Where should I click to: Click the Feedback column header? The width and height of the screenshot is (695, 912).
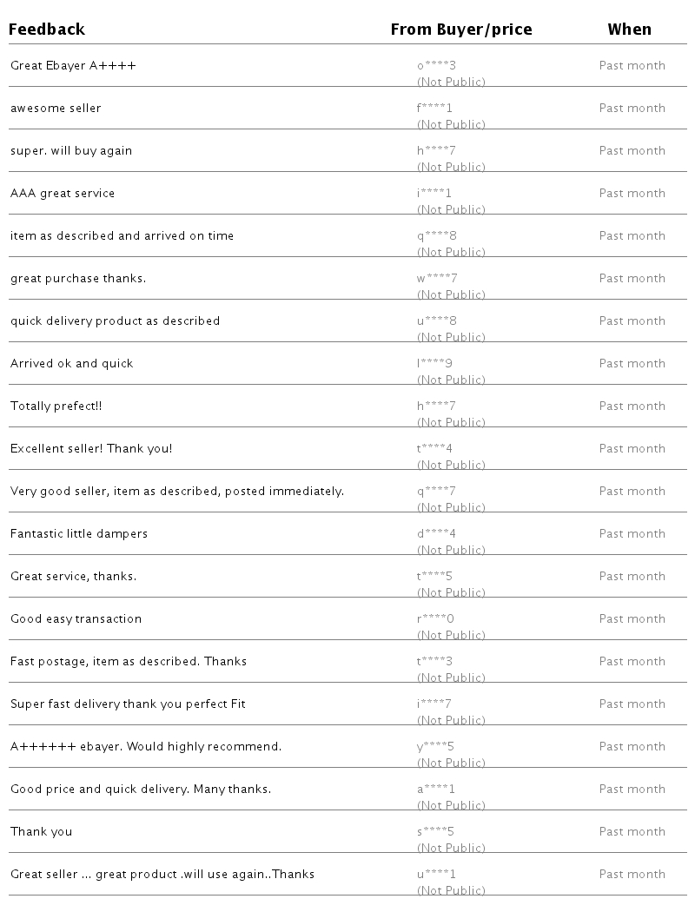click(x=47, y=30)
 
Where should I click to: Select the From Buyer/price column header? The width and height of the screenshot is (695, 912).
click(x=460, y=30)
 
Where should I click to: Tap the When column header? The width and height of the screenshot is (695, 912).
click(x=629, y=30)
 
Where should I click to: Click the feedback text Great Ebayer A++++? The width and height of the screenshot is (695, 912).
click(x=73, y=65)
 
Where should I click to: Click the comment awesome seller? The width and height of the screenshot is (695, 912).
click(x=56, y=108)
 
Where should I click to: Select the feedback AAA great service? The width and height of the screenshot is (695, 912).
click(x=63, y=193)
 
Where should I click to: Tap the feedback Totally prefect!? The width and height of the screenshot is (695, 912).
click(x=56, y=406)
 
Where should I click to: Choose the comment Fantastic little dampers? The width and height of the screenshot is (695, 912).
click(x=79, y=533)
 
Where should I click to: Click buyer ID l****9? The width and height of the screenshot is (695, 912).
click(x=435, y=363)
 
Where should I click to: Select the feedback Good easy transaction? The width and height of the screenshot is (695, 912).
click(x=76, y=618)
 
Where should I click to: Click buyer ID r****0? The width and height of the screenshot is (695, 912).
click(x=435, y=618)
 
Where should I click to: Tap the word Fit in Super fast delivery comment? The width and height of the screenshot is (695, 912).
click(x=237, y=704)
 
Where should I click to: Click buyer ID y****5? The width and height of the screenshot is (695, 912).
click(x=435, y=746)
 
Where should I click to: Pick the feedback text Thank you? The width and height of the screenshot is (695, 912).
click(x=41, y=831)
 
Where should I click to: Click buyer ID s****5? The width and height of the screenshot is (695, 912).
click(x=435, y=831)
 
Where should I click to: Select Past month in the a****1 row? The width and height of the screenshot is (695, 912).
click(x=632, y=789)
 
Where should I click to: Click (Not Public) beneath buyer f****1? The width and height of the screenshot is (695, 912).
click(x=451, y=124)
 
